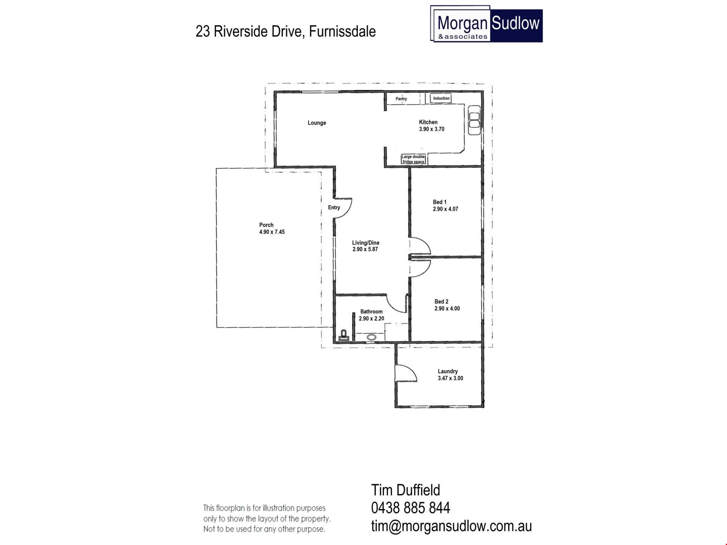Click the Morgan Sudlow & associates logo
click(x=487, y=23)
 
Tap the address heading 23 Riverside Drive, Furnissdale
click(x=285, y=31)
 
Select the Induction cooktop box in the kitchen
click(x=441, y=98)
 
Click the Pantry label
click(x=401, y=99)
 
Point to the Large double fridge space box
click(x=413, y=159)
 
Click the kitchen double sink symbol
click(x=474, y=120)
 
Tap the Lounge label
click(x=317, y=123)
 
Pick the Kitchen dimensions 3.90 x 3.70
click(x=432, y=129)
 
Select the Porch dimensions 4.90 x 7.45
click(x=272, y=232)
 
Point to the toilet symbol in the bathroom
click(x=344, y=336)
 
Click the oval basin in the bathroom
click(x=371, y=337)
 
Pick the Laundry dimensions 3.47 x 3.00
click(x=451, y=378)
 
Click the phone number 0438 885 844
click(x=410, y=508)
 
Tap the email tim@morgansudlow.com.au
click(x=451, y=526)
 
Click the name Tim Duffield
click(x=406, y=490)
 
